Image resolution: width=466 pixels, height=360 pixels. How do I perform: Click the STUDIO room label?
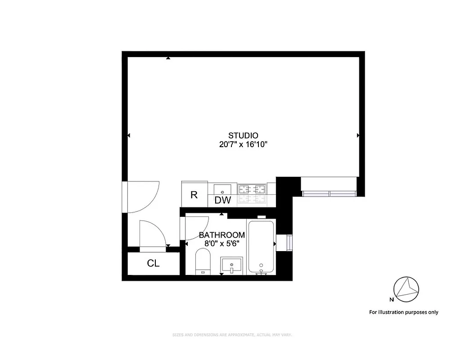(x=243, y=135)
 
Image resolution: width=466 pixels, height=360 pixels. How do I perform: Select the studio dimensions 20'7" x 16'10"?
(x=243, y=144)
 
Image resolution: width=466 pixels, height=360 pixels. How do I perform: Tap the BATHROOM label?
(x=222, y=235)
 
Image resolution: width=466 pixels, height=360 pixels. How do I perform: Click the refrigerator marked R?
(x=194, y=195)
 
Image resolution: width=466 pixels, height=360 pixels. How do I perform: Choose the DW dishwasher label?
(x=222, y=201)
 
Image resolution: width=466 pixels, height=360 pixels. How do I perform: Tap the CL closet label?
(x=153, y=264)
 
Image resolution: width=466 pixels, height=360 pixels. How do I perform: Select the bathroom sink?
(x=231, y=265)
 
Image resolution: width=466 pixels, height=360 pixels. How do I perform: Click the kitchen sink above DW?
(x=222, y=189)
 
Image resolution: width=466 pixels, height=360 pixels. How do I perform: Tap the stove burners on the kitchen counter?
(x=252, y=193)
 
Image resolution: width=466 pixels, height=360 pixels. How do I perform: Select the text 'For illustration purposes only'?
(x=403, y=312)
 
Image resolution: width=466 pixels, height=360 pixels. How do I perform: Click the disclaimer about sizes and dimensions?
(x=233, y=335)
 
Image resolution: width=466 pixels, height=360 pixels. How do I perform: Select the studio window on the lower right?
(x=329, y=193)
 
